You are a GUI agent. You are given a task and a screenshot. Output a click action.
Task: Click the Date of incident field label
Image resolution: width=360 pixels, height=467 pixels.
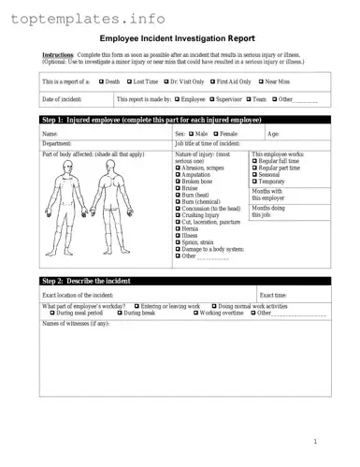point(62,98)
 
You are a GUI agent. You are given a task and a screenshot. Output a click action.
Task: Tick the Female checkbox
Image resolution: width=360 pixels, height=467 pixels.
point(216,135)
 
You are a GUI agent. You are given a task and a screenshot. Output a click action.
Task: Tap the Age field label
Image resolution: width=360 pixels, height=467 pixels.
point(272,135)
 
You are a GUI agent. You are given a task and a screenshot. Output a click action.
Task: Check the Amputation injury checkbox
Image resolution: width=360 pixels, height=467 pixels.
point(178,174)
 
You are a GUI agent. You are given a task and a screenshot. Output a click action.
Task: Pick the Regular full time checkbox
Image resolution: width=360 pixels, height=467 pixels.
point(255,161)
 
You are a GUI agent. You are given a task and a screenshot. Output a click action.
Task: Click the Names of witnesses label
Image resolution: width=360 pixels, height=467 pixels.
point(77,323)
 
